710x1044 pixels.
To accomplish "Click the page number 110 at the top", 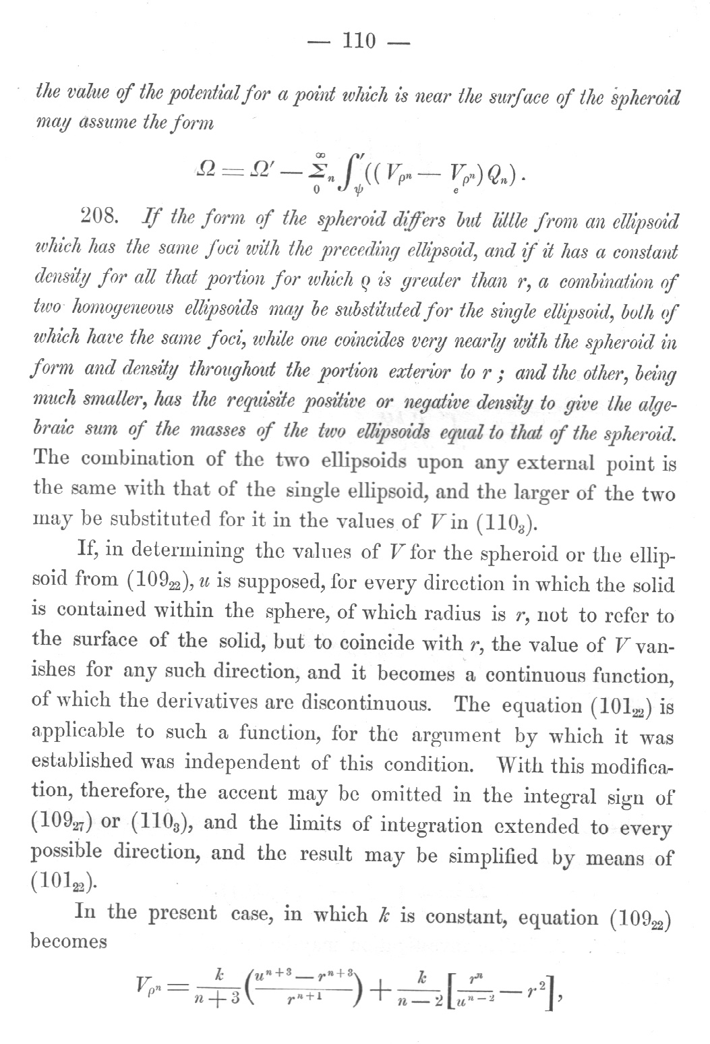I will coord(358,42).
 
